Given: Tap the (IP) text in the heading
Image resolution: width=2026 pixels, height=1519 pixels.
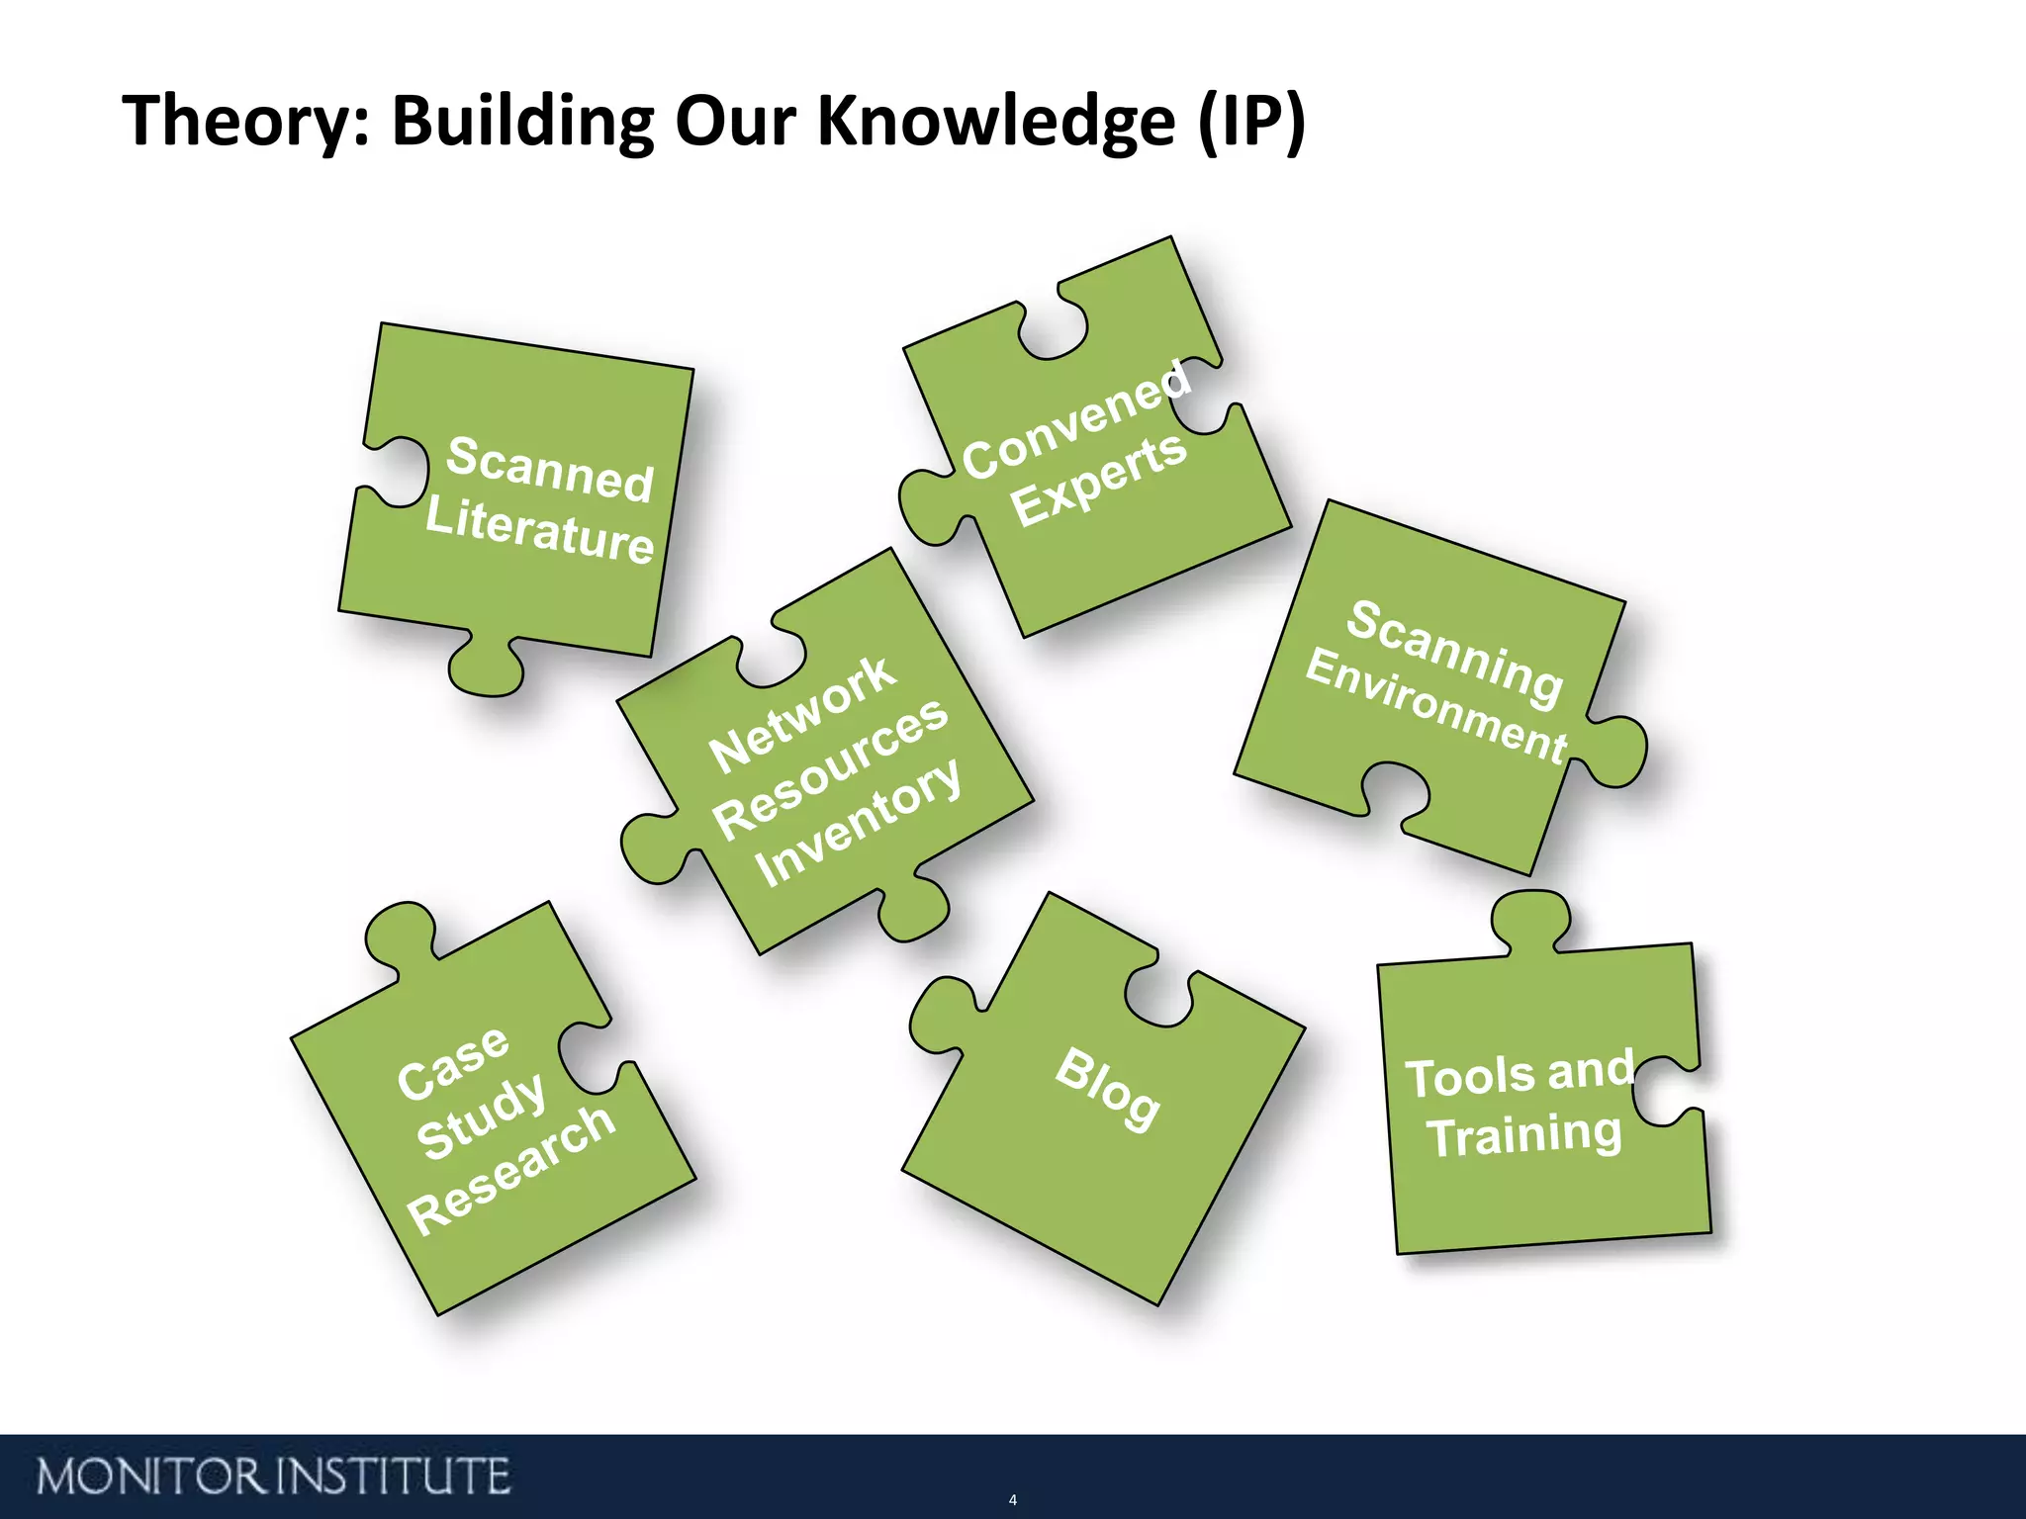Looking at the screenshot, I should (x=1251, y=122).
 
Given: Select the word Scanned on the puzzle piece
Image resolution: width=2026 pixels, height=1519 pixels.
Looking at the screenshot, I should (x=550, y=469).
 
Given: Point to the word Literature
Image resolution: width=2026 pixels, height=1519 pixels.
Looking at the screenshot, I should (x=539, y=531).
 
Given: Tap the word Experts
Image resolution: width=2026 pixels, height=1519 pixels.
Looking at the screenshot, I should (x=1098, y=480).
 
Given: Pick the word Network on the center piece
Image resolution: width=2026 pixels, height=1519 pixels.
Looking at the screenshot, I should (x=802, y=714).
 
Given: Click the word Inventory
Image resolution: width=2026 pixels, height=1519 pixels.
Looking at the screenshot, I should (x=857, y=823).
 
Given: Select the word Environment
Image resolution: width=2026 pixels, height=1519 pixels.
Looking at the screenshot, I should (x=1436, y=705).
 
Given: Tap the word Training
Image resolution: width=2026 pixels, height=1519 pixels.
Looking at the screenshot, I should (x=1524, y=1134).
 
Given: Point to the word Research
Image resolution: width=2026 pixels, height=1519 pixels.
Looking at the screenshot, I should (x=511, y=1168).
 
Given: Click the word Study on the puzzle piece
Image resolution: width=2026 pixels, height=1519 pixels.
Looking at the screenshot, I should (x=481, y=1116).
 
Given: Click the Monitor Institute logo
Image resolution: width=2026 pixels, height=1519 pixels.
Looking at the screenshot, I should (x=273, y=1476).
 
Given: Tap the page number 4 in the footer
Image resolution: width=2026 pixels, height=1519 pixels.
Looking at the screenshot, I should (x=1012, y=1499).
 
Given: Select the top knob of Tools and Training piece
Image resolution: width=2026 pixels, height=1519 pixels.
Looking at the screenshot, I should (x=1530, y=919).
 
